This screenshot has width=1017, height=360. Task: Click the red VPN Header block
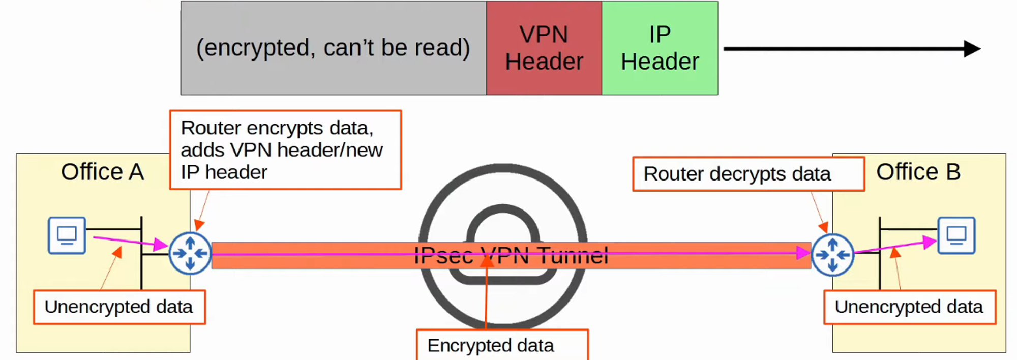coord(544,48)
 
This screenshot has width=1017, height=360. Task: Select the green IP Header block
coord(660,48)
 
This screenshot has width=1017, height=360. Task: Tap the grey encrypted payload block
coord(333,48)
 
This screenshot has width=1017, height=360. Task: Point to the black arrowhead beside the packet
coord(972,49)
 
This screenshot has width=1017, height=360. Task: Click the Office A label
coord(102,172)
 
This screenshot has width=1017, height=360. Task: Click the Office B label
coord(918,172)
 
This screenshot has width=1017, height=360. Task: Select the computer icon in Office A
coord(67,235)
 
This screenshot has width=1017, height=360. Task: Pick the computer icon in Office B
coord(956,235)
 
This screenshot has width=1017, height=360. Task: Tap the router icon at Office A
coord(190,253)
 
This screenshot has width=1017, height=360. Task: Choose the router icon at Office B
coord(832,254)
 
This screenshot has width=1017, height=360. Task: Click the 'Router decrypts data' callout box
coord(748,174)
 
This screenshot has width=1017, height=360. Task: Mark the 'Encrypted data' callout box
coord(502,345)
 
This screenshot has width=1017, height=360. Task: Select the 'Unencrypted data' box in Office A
coord(119,307)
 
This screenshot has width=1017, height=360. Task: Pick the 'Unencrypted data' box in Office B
coord(909,307)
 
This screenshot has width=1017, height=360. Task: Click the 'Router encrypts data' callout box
coord(285,150)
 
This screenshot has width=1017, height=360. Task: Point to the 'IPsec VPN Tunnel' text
coord(511,255)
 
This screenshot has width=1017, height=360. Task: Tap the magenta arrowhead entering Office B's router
coord(804,253)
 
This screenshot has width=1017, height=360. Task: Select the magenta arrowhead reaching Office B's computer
coord(930,243)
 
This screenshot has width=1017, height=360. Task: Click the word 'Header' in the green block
coord(660,62)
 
